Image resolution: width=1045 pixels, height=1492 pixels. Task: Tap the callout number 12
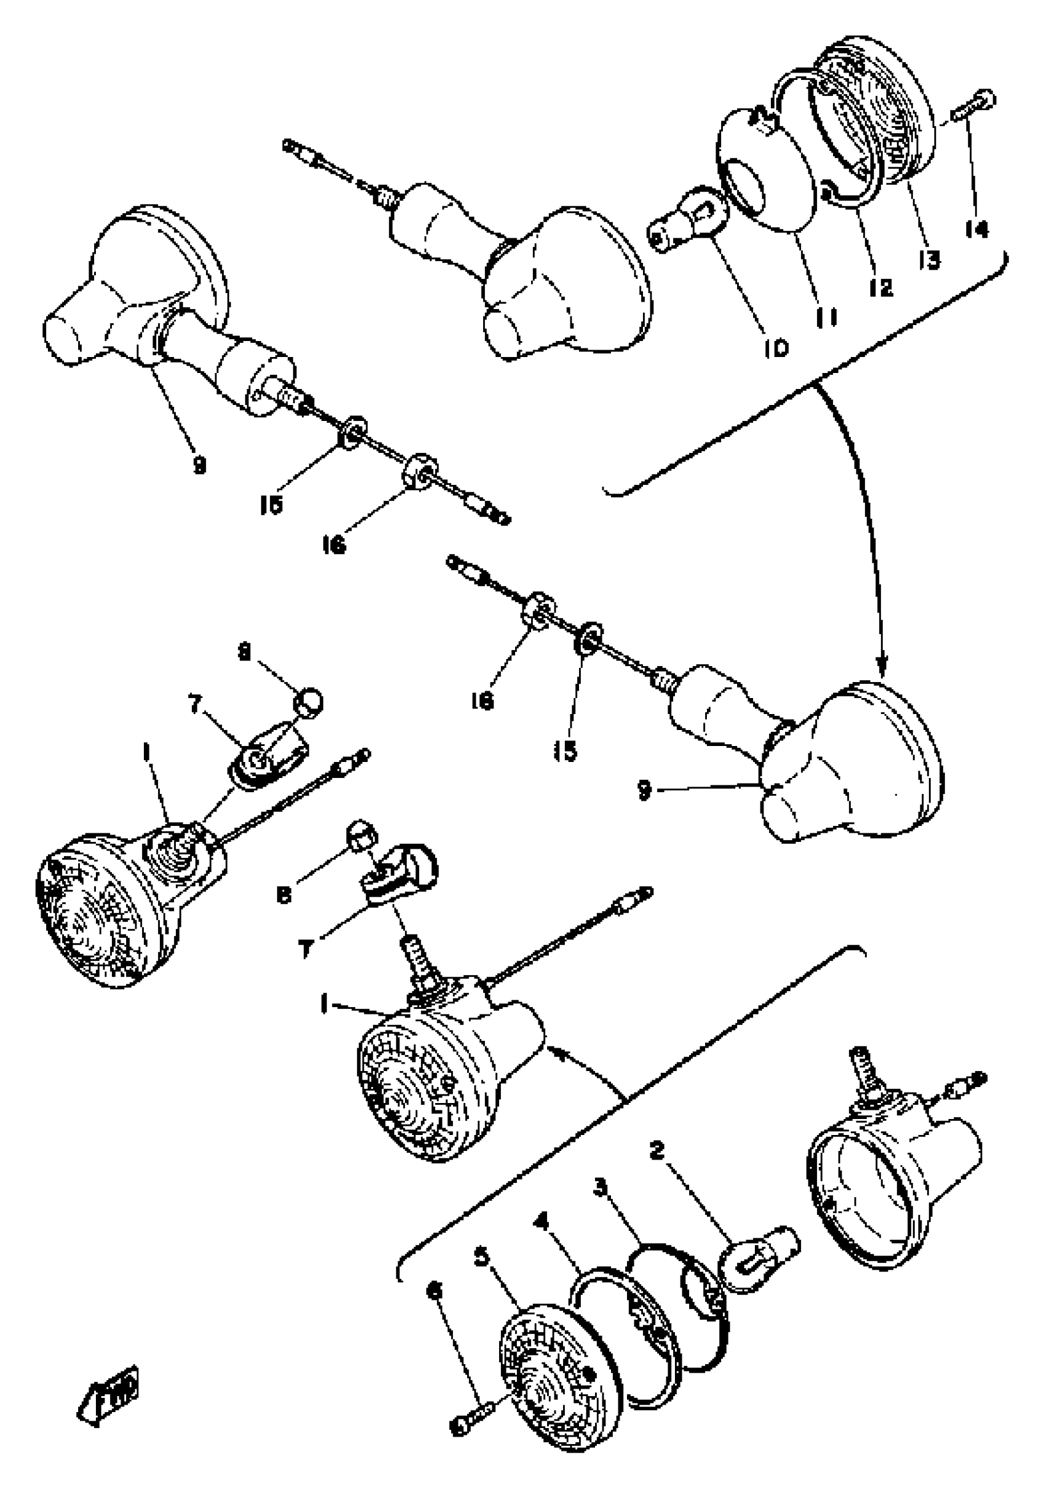(x=881, y=286)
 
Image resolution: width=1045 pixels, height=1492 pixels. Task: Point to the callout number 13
(x=929, y=259)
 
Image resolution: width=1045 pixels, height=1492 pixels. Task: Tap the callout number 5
(x=481, y=1257)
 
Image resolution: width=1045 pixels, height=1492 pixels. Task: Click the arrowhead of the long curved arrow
(x=882, y=669)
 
